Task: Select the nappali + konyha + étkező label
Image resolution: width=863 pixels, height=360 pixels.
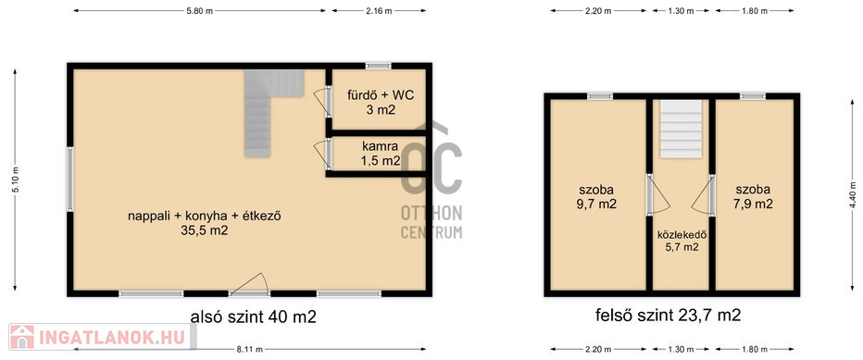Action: click(205, 217)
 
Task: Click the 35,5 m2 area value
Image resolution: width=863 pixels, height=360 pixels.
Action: click(205, 231)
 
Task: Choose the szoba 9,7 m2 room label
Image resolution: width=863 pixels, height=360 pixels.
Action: click(597, 196)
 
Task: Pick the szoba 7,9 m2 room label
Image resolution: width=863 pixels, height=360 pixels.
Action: click(754, 196)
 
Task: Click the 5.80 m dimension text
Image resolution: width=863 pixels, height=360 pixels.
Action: click(200, 10)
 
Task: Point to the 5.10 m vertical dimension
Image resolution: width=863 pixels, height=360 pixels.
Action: click(16, 180)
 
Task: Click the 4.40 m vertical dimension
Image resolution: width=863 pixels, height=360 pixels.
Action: click(853, 194)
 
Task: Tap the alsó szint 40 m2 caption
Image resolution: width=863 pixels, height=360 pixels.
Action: click(253, 317)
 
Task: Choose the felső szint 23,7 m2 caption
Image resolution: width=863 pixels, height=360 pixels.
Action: click(669, 316)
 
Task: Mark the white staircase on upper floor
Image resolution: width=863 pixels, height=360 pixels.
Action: click(682, 129)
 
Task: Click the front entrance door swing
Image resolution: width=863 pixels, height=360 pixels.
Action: click(249, 285)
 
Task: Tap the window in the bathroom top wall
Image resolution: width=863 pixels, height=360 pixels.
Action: click(379, 66)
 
